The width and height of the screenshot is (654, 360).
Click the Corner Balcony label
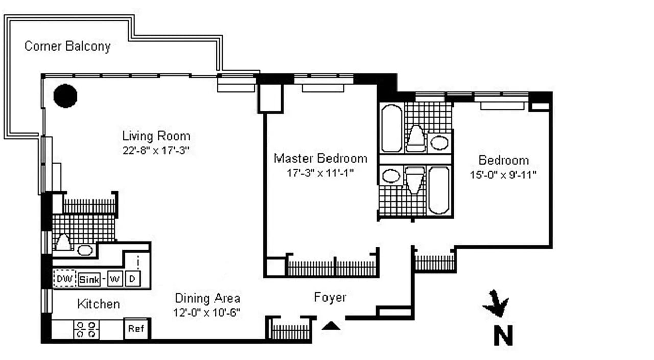click(67, 46)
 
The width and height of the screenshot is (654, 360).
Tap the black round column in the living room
click(65, 95)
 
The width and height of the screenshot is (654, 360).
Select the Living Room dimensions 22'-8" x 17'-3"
click(156, 151)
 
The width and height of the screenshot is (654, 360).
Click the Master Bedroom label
click(320, 158)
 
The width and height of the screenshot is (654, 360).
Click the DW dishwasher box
click(64, 279)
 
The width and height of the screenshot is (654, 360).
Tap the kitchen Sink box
click(89, 279)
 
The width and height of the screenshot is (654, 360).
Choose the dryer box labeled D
click(132, 279)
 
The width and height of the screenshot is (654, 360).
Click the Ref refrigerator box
click(136, 329)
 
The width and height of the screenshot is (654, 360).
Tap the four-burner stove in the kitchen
click(86, 329)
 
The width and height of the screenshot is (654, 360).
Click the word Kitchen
click(98, 304)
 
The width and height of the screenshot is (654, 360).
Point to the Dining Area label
click(207, 298)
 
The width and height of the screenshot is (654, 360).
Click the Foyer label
click(330, 297)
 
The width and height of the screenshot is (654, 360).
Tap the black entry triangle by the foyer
click(332, 325)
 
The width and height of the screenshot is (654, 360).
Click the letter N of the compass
click(503, 335)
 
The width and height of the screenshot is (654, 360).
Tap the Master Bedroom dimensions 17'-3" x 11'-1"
click(320, 173)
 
